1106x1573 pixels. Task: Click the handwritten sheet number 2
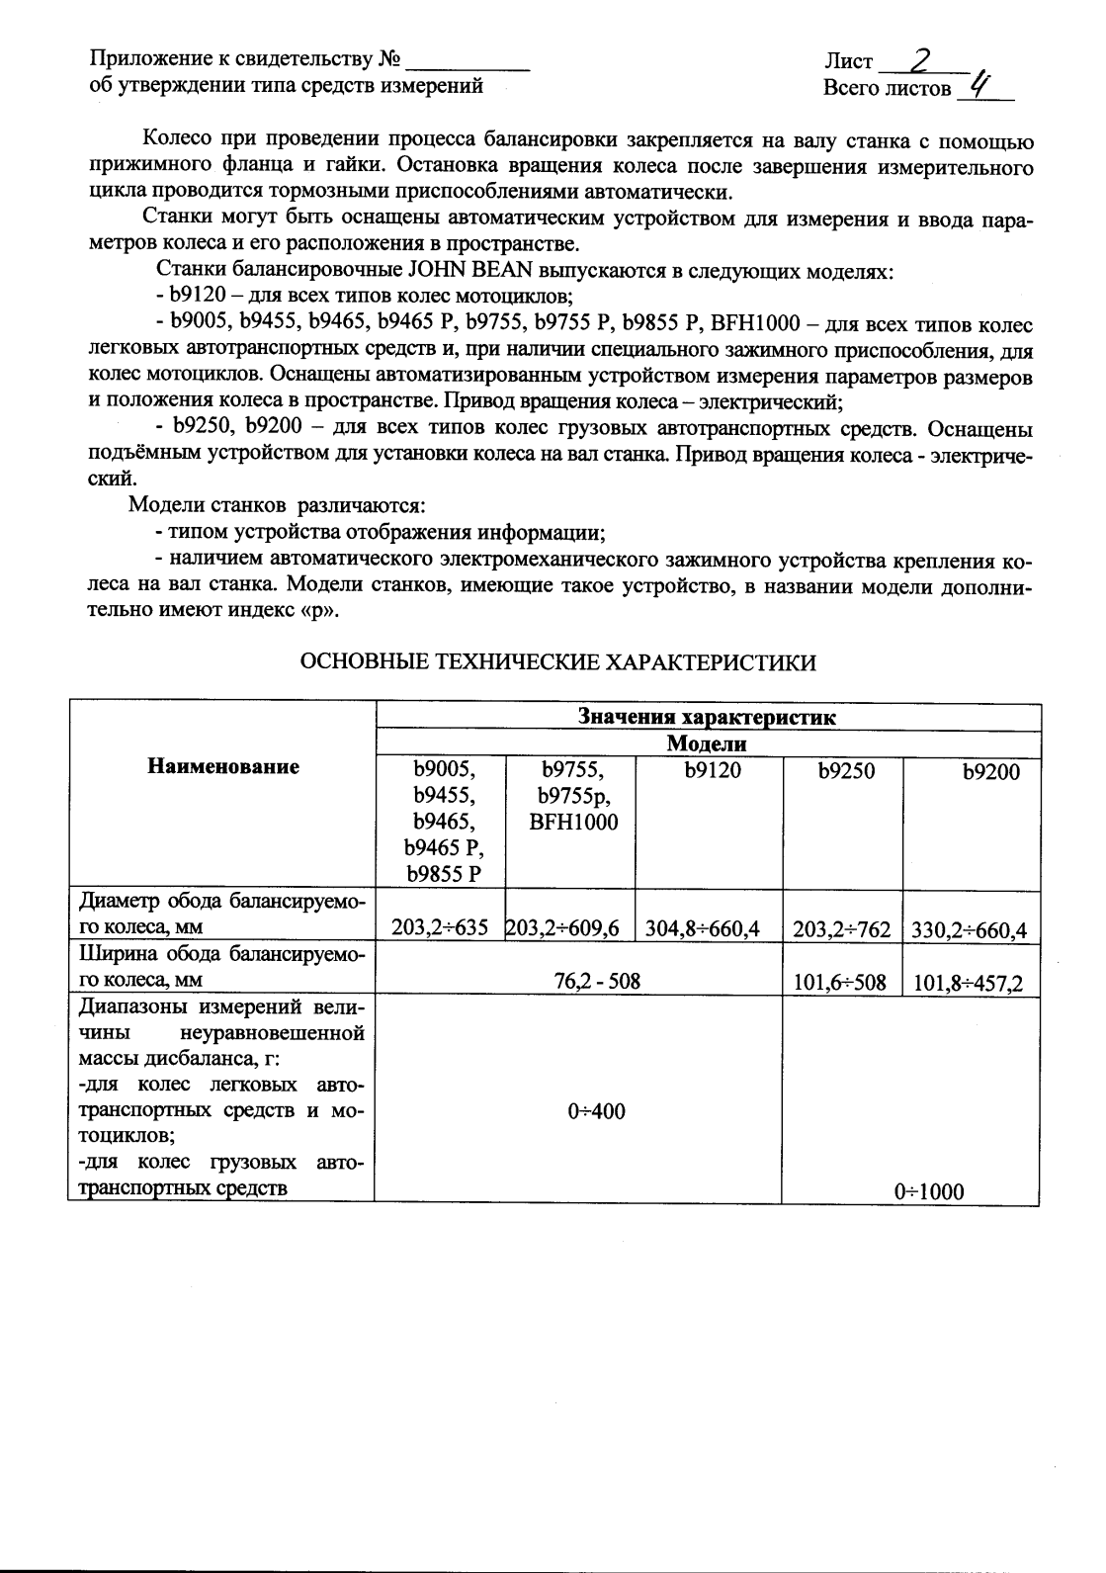point(921,61)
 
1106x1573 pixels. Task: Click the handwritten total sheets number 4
point(979,85)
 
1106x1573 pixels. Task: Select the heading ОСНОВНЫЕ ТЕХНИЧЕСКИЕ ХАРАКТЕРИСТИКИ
point(558,662)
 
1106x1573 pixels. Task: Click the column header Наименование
point(223,766)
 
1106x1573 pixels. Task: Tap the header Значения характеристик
point(707,718)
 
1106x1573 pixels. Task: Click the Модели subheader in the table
point(707,743)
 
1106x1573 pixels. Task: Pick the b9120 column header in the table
point(712,770)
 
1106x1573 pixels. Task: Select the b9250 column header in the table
point(846,770)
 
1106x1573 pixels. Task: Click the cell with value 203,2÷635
point(440,928)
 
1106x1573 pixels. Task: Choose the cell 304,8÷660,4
point(708,929)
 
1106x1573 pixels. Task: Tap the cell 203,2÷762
point(842,929)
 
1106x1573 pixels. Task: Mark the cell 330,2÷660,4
point(970,929)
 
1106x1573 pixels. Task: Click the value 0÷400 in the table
point(597,1111)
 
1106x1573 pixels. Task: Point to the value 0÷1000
point(928,1192)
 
